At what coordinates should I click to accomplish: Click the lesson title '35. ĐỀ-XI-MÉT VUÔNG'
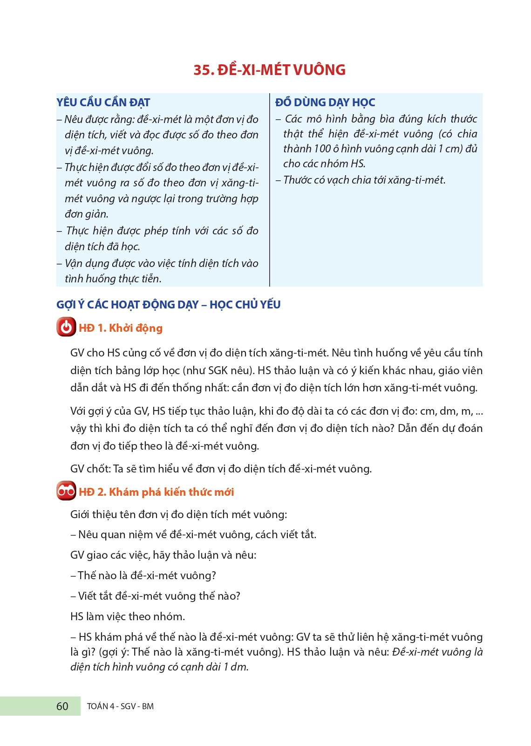269,70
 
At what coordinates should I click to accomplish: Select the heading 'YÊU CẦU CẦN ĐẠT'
103,103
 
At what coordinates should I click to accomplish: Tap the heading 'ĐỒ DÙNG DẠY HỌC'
325,103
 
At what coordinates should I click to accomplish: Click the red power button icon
66,327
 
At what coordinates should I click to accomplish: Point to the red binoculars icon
66,491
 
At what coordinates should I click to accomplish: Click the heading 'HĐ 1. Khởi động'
121,328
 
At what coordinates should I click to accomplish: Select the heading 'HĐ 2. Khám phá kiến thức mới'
157,492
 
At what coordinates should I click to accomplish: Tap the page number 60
62,706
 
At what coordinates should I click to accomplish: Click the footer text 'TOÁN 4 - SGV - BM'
120,706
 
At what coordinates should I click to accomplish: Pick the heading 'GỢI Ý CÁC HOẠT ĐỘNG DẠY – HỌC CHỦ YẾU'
168,305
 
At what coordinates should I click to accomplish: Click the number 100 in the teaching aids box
322,149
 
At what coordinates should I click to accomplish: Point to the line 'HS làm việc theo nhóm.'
128,616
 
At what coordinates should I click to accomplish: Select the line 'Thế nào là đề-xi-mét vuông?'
147,575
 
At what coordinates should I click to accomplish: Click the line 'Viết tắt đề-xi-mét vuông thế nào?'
159,596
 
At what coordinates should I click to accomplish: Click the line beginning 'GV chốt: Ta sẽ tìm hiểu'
221,469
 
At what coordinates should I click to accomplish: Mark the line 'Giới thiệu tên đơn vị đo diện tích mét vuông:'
178,514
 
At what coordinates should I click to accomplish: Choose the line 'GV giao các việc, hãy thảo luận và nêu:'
163,555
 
